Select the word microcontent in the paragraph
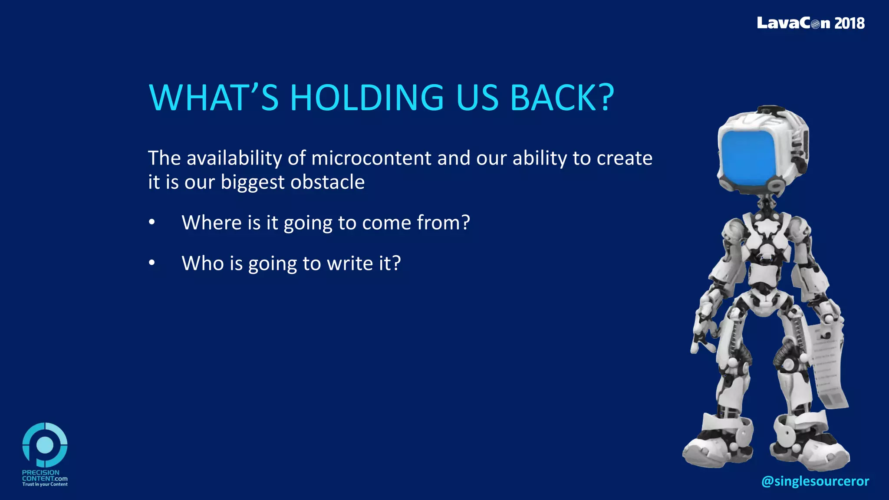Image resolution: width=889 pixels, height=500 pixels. point(371,158)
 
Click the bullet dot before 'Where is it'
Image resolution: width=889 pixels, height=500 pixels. point(151,222)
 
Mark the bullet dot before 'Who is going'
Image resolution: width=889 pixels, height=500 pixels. point(151,263)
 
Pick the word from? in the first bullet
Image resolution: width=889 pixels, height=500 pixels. point(443,223)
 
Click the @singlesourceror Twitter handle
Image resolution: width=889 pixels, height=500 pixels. point(815,481)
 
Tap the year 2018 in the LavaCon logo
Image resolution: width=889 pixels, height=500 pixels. point(849,23)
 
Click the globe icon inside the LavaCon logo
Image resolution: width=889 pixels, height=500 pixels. point(815,24)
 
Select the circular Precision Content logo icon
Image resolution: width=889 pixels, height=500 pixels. point(45,445)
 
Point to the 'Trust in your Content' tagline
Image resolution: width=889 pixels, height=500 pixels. point(45,484)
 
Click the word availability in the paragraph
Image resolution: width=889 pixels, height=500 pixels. point(234,158)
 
